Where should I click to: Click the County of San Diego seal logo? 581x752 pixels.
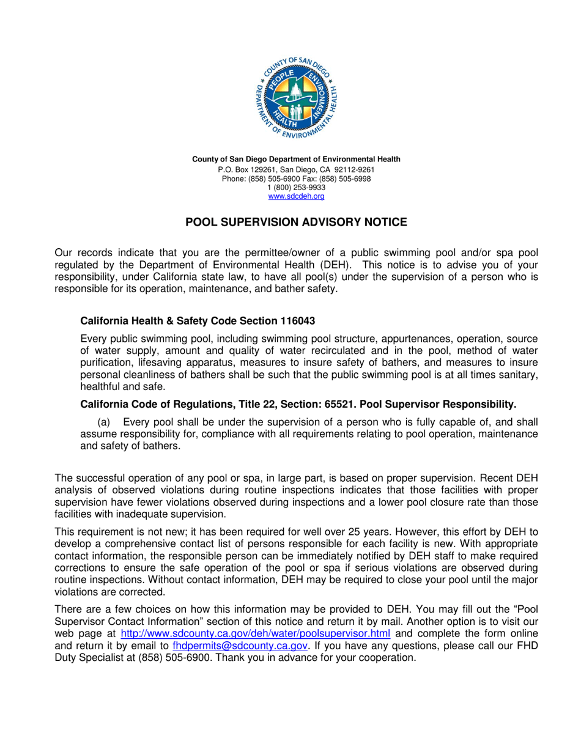pyautogui.click(x=297, y=97)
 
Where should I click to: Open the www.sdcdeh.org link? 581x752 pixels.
pyautogui.click(x=297, y=196)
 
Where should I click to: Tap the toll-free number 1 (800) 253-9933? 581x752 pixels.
pyautogui.click(x=297, y=187)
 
